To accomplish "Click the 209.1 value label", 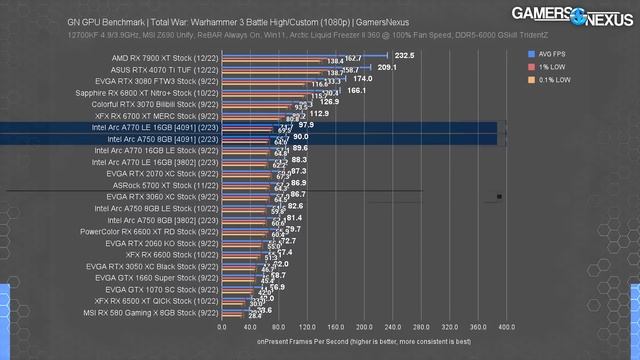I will pyautogui.click(x=386, y=67).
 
